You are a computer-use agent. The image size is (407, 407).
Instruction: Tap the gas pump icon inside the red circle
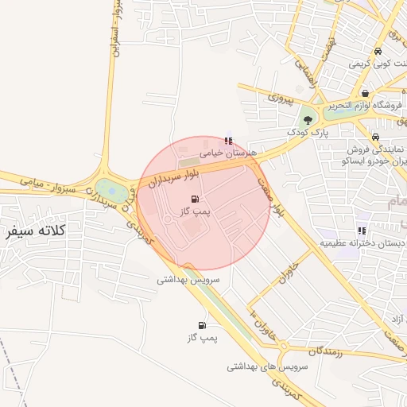(196, 199)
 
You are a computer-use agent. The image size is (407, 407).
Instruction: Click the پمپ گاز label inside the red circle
(195, 212)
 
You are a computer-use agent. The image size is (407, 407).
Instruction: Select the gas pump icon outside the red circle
(202, 325)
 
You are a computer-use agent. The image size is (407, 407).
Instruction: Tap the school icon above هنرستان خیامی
(230, 141)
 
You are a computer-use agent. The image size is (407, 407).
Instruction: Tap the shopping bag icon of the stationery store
(365, 93)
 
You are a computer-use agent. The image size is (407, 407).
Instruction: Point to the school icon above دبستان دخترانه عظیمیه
(362, 231)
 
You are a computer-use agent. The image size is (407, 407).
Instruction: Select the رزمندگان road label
(316, 350)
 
